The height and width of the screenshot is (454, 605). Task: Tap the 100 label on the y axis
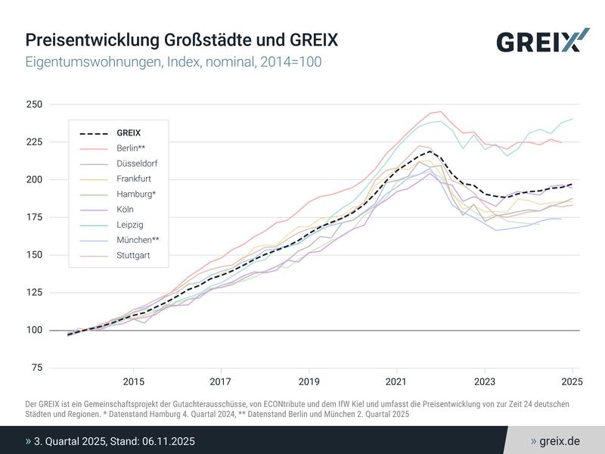[35, 330]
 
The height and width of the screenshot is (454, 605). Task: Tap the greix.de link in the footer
[560, 440]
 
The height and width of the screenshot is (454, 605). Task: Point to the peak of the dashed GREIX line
[430, 151]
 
